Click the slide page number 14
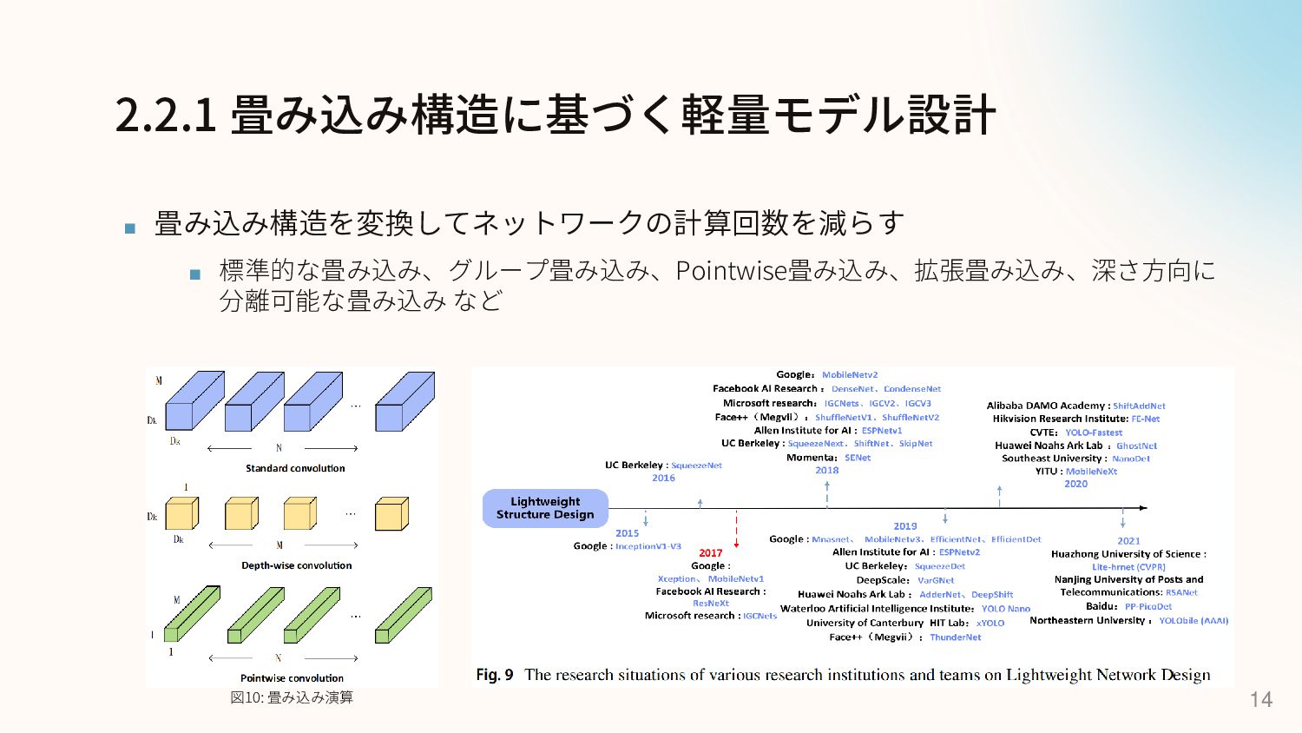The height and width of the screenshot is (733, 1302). coord(1260,699)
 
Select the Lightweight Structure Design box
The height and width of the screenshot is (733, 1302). coord(545,508)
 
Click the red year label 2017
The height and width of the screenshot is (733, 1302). coord(710,553)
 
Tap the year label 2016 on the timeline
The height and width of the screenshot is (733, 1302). coord(663,478)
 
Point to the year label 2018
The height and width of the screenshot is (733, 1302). coord(826,471)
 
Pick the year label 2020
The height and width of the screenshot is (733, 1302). coord(1075,484)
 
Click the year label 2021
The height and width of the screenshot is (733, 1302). coord(1128,540)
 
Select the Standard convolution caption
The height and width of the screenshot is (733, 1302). coord(295,468)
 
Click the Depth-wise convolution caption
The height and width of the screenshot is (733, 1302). coord(296,565)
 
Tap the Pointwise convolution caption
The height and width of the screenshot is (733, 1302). coord(292,678)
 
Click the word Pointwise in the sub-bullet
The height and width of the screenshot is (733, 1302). coord(731,271)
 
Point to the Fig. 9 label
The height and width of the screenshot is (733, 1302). coord(494,675)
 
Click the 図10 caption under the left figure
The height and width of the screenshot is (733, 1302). coord(292,697)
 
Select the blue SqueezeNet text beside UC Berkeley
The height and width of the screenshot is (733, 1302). coord(696,466)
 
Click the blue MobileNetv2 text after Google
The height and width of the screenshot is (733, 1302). coord(850,375)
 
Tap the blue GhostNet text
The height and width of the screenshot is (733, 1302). coord(1136,446)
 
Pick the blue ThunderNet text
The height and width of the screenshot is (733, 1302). coord(955,637)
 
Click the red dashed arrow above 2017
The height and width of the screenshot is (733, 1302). coord(736,528)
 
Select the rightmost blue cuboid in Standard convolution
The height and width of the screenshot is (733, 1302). coord(404,402)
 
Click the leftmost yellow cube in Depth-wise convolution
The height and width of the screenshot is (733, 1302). coord(181,513)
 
